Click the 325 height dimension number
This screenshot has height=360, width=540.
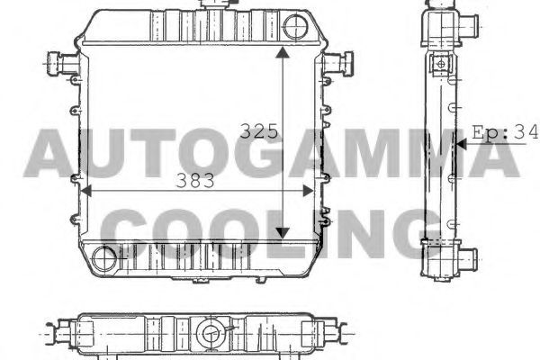click(258, 130)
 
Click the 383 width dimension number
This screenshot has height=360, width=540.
click(195, 181)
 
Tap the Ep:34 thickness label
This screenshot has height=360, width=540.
click(505, 132)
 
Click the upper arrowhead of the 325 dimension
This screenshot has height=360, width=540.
click(283, 52)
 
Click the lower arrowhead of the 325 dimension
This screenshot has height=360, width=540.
click(283, 233)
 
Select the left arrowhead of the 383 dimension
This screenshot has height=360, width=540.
click(85, 191)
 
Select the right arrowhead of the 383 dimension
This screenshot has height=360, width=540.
click(308, 191)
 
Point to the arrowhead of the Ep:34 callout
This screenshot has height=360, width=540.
click(461, 144)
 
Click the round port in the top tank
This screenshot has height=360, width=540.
click(295, 27)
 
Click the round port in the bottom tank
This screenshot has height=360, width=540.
click(104, 258)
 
